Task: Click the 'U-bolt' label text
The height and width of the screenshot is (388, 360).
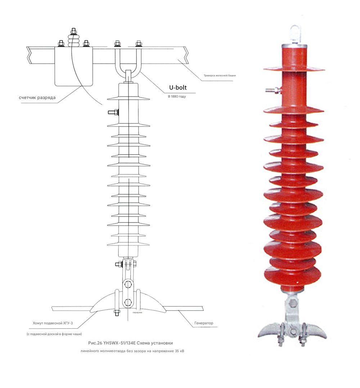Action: click(x=178, y=87)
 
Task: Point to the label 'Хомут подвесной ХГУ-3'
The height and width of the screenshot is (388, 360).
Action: click(x=53, y=323)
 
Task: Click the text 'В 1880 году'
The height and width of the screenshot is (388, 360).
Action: click(x=177, y=97)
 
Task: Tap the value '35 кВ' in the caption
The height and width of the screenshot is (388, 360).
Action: click(x=179, y=350)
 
